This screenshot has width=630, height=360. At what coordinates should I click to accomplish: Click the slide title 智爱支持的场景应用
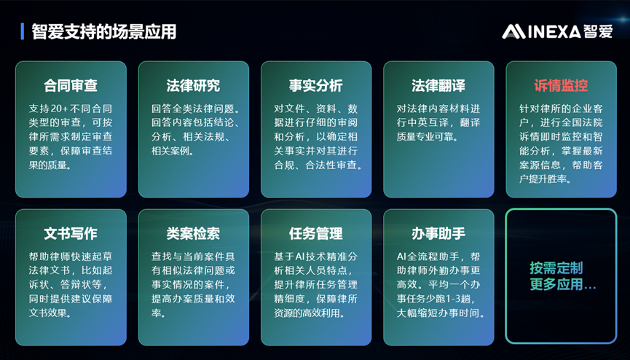[x=103, y=32]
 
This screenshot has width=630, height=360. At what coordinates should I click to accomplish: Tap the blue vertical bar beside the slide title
[x=23, y=31]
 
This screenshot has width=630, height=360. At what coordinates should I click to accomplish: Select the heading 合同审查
[x=71, y=85]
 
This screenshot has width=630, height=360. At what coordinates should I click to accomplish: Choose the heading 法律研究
[x=193, y=85]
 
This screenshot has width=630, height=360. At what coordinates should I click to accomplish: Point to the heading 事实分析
[x=315, y=85]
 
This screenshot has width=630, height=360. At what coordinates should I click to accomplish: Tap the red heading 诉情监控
[x=561, y=85]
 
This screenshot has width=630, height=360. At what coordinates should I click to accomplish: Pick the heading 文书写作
[x=71, y=233]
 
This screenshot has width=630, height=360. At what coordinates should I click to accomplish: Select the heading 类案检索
[x=193, y=233]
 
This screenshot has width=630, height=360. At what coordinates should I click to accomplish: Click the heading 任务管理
[x=315, y=233]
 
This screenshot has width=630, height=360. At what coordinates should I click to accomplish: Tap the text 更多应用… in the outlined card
[x=562, y=285]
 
